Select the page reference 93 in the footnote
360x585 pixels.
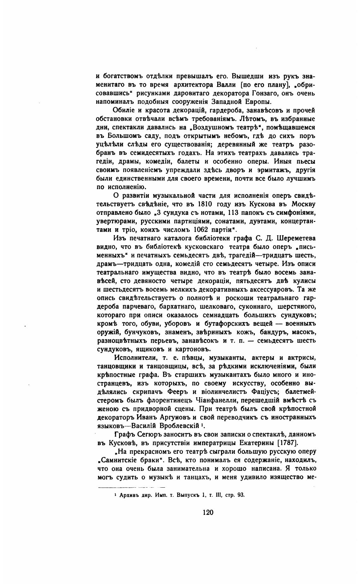coord(241,495)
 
